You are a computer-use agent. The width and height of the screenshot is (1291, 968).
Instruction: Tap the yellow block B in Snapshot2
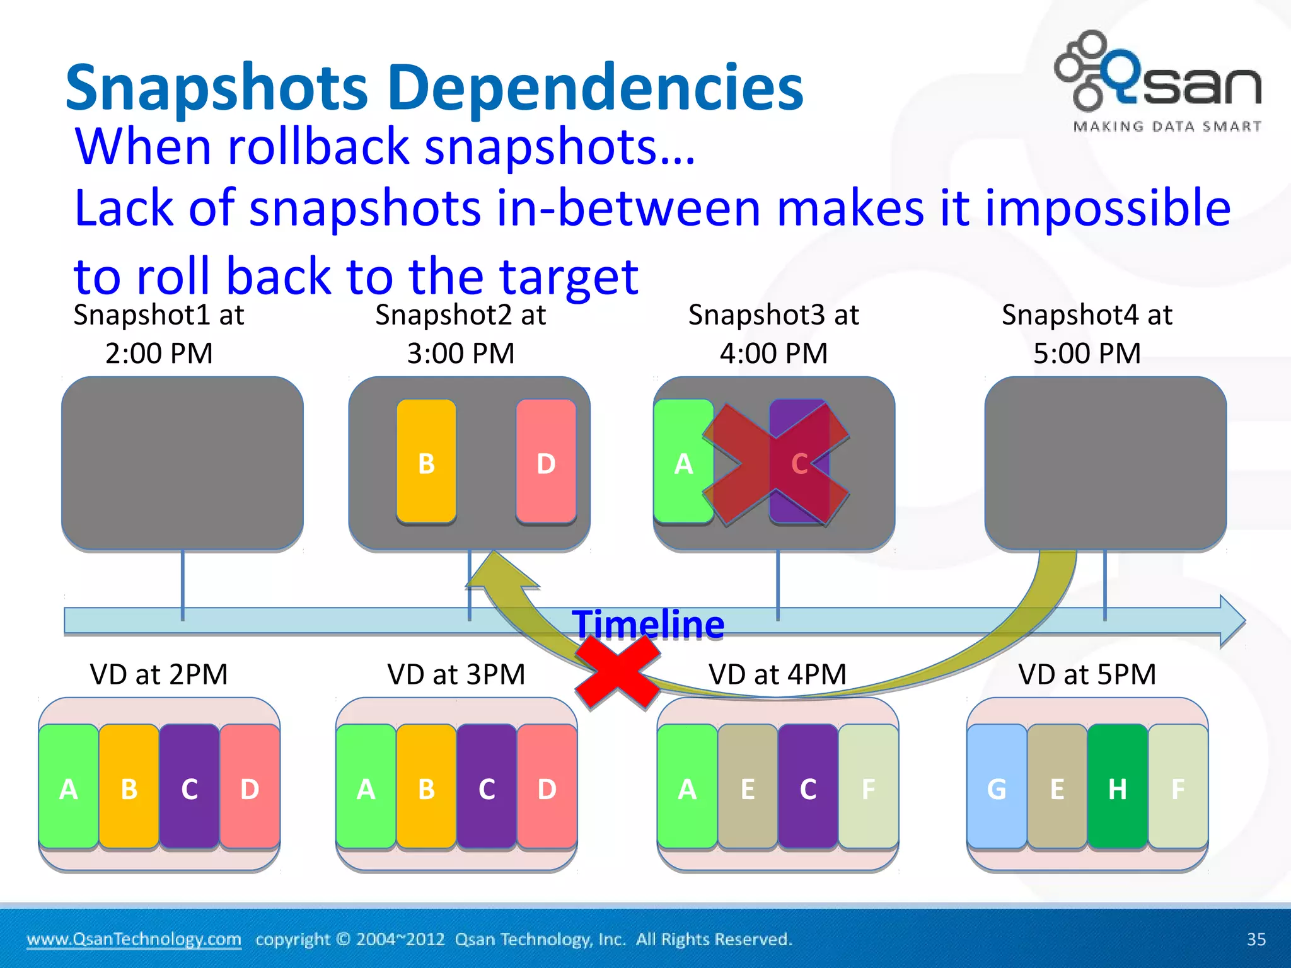coord(426,462)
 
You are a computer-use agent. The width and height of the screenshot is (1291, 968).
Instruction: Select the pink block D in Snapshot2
coord(546,462)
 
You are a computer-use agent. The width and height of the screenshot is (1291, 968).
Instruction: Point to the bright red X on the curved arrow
coord(618,672)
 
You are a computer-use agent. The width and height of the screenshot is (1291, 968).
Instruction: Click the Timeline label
coord(648,624)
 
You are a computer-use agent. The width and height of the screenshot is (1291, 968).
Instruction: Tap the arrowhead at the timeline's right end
coord(1231,621)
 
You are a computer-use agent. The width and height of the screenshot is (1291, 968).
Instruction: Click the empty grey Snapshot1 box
coord(182,463)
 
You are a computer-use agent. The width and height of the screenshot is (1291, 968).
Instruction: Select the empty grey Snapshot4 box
coord(1105,463)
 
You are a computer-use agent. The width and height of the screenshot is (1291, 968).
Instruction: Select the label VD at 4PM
coord(777,674)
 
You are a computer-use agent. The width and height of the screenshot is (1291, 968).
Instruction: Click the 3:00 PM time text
coord(461,353)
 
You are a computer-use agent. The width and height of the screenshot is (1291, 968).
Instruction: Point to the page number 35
coord(1256,939)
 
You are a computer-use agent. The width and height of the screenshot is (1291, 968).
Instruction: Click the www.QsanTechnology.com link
coord(134,939)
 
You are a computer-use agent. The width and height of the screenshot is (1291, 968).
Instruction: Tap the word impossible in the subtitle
coord(1107,208)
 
